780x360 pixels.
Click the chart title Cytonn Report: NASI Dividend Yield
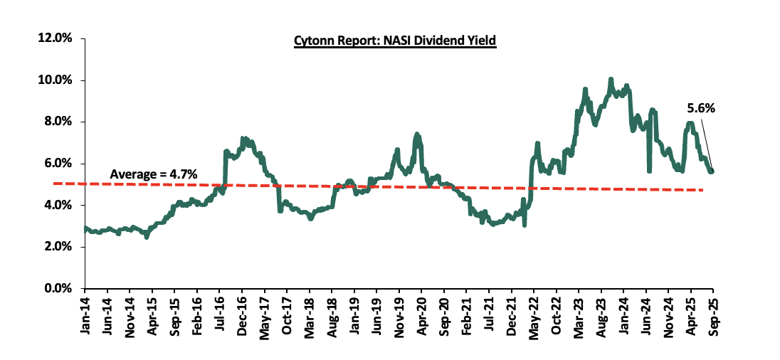pyautogui.click(x=394, y=41)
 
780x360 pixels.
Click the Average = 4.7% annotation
pyautogui.click(x=153, y=174)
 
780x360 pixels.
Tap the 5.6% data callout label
pyautogui.click(x=700, y=109)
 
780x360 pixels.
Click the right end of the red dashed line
pyautogui.click(x=703, y=190)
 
